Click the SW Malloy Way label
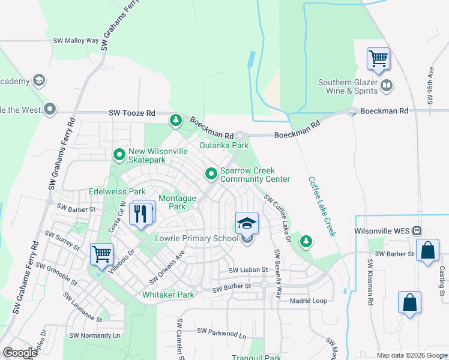point(76,41)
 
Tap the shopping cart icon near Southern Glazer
point(378,59)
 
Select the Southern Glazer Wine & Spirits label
point(348,87)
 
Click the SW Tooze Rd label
point(132,113)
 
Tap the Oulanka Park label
point(224,145)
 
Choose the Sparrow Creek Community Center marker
point(211,174)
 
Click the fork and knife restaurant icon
point(141,212)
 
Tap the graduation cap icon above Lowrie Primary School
point(247,224)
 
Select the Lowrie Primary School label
point(197,238)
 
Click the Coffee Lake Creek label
point(321,206)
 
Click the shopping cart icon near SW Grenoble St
point(101,253)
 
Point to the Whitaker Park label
point(168,295)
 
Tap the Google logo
point(20,353)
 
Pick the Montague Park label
point(177,202)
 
